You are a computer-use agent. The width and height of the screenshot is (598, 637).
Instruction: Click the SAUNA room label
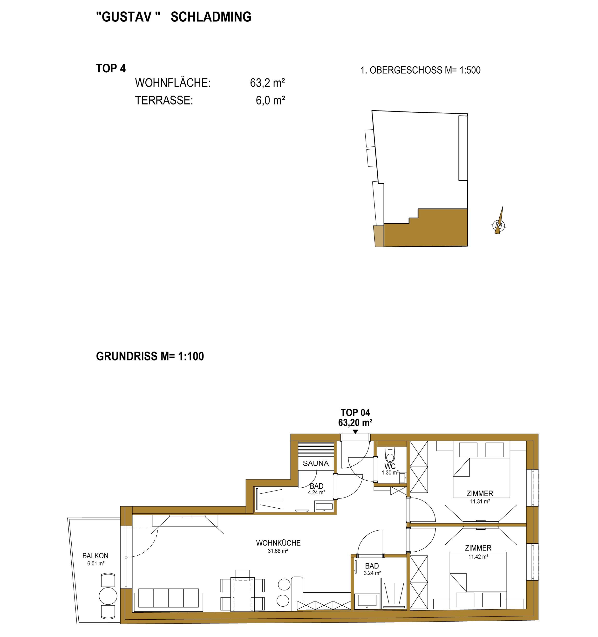point(316,463)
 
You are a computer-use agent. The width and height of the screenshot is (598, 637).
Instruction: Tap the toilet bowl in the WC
point(390,454)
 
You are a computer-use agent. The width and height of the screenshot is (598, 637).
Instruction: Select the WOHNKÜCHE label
point(278,543)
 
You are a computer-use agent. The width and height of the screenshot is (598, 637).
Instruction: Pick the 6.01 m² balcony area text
point(96,563)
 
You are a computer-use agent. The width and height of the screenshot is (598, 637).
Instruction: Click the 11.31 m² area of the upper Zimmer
point(480,501)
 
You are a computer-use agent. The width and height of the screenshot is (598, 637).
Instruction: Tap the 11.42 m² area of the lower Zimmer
point(478,557)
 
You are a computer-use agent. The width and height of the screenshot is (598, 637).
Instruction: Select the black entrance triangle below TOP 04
point(355,432)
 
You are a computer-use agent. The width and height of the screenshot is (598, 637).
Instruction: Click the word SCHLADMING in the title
point(211,17)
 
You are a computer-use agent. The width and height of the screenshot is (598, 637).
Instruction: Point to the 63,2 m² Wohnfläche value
point(267,83)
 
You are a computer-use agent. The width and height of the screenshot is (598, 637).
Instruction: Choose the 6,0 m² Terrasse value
point(270,101)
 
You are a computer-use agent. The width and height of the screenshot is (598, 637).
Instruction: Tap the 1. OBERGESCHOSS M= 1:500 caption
point(420,70)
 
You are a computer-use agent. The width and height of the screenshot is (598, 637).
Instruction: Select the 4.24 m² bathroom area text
point(317,492)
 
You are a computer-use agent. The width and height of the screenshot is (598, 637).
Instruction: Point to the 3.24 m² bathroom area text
point(372,573)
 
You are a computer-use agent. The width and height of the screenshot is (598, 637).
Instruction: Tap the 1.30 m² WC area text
point(390,472)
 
